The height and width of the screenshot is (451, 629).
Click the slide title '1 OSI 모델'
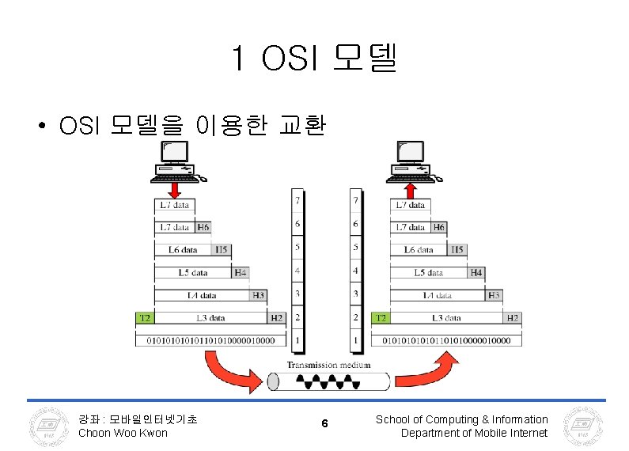point(315,58)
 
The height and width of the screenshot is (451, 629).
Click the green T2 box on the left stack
point(145,318)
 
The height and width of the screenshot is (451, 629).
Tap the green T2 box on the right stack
point(381,318)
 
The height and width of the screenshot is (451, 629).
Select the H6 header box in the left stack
point(203,227)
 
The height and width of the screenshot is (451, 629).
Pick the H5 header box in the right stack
point(457,250)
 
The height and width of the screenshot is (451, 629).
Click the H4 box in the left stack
point(240,273)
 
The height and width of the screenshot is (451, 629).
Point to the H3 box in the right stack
point(494,295)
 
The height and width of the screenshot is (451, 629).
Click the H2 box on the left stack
point(276,318)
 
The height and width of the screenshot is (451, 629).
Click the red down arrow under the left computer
point(175,191)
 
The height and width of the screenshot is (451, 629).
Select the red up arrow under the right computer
point(411,190)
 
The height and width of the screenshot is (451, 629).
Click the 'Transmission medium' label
point(328,365)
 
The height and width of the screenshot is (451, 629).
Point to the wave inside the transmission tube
point(328,381)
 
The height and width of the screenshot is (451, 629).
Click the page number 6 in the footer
point(324,425)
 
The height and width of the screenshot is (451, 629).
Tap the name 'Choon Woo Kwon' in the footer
point(123,433)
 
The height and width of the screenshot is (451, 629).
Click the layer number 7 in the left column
point(297,201)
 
